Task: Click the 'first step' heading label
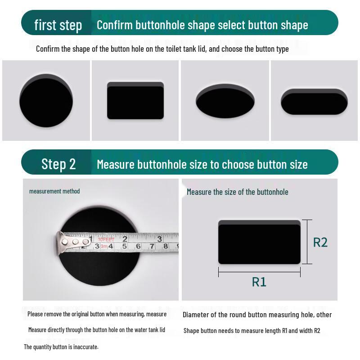[x=58, y=25]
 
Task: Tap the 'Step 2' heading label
[x=58, y=164]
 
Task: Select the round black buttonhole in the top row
[x=46, y=101]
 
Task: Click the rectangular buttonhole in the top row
[x=135, y=101]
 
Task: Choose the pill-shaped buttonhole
[x=314, y=102]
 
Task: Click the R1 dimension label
[x=259, y=282]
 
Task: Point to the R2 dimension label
[x=320, y=242]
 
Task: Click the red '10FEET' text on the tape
[x=106, y=239]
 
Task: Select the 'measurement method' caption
[x=54, y=191]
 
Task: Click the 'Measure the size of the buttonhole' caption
[x=238, y=192]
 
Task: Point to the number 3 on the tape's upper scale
[x=159, y=238]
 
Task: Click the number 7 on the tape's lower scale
[x=152, y=247]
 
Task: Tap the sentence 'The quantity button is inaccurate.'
[x=61, y=347]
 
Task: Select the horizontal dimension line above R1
[x=259, y=272]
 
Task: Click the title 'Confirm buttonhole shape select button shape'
[x=202, y=25]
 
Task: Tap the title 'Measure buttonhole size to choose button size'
[x=202, y=164]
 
